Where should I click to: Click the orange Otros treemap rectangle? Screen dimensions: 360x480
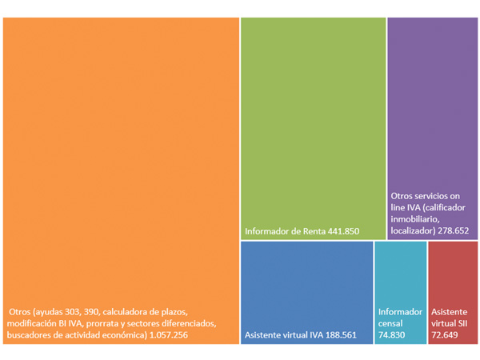pyautogui.click(x=120, y=160)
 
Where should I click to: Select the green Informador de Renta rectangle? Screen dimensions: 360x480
pyautogui.click(x=313, y=120)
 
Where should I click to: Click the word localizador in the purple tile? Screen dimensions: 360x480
pyautogui.click(x=414, y=230)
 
